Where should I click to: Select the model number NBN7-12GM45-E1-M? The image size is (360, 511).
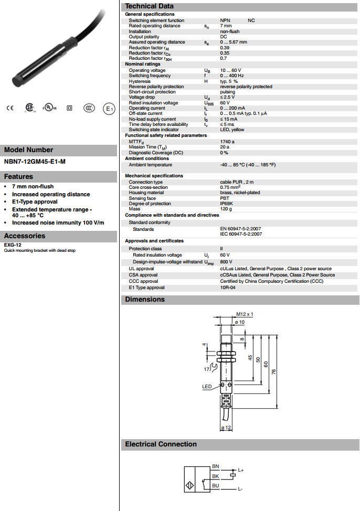35,162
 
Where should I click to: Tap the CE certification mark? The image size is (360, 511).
9,109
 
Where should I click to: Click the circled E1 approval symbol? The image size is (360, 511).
109,109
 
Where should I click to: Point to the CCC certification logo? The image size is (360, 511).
89,109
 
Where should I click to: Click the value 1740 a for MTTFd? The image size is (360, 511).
227,142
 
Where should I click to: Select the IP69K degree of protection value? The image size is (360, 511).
227,204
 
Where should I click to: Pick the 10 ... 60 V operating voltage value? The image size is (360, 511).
230,70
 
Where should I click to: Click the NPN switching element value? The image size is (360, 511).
225,20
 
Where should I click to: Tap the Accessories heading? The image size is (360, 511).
25,236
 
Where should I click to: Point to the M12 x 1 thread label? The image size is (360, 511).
245,314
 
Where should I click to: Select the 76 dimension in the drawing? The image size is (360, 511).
273,371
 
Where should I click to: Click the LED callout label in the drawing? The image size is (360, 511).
207,387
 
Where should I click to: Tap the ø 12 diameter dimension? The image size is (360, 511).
227,428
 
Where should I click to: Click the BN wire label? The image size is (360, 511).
215,466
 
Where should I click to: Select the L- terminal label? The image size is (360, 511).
240,489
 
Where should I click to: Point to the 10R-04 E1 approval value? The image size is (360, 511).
228,288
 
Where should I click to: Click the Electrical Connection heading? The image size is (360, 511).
161,444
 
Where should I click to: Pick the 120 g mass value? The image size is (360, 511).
226,209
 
